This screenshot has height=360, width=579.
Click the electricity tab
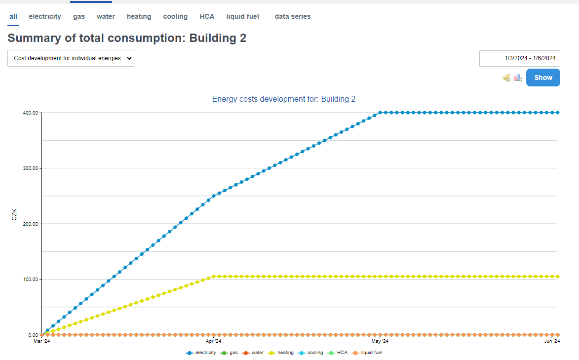[45, 16]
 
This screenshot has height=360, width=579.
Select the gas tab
[79, 16]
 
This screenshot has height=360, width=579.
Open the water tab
[106, 16]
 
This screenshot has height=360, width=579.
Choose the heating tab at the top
[139, 16]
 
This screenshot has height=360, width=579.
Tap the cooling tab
[175, 16]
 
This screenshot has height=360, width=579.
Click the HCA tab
[207, 16]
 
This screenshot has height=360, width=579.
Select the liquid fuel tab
[242, 16]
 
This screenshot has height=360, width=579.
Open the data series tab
[293, 16]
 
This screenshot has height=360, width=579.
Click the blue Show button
[543, 78]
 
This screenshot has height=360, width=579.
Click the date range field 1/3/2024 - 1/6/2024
[519, 58]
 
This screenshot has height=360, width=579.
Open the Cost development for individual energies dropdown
[71, 58]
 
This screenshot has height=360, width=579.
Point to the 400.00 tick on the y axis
[31, 113]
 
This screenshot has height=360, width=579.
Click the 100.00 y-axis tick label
[31, 280]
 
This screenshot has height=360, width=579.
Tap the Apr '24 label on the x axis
[213, 341]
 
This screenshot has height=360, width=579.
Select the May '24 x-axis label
[380, 341]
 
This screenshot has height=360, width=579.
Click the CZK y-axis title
[15, 215]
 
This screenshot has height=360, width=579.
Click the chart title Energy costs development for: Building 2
[284, 99]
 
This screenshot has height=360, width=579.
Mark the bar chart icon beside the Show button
[518, 78]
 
